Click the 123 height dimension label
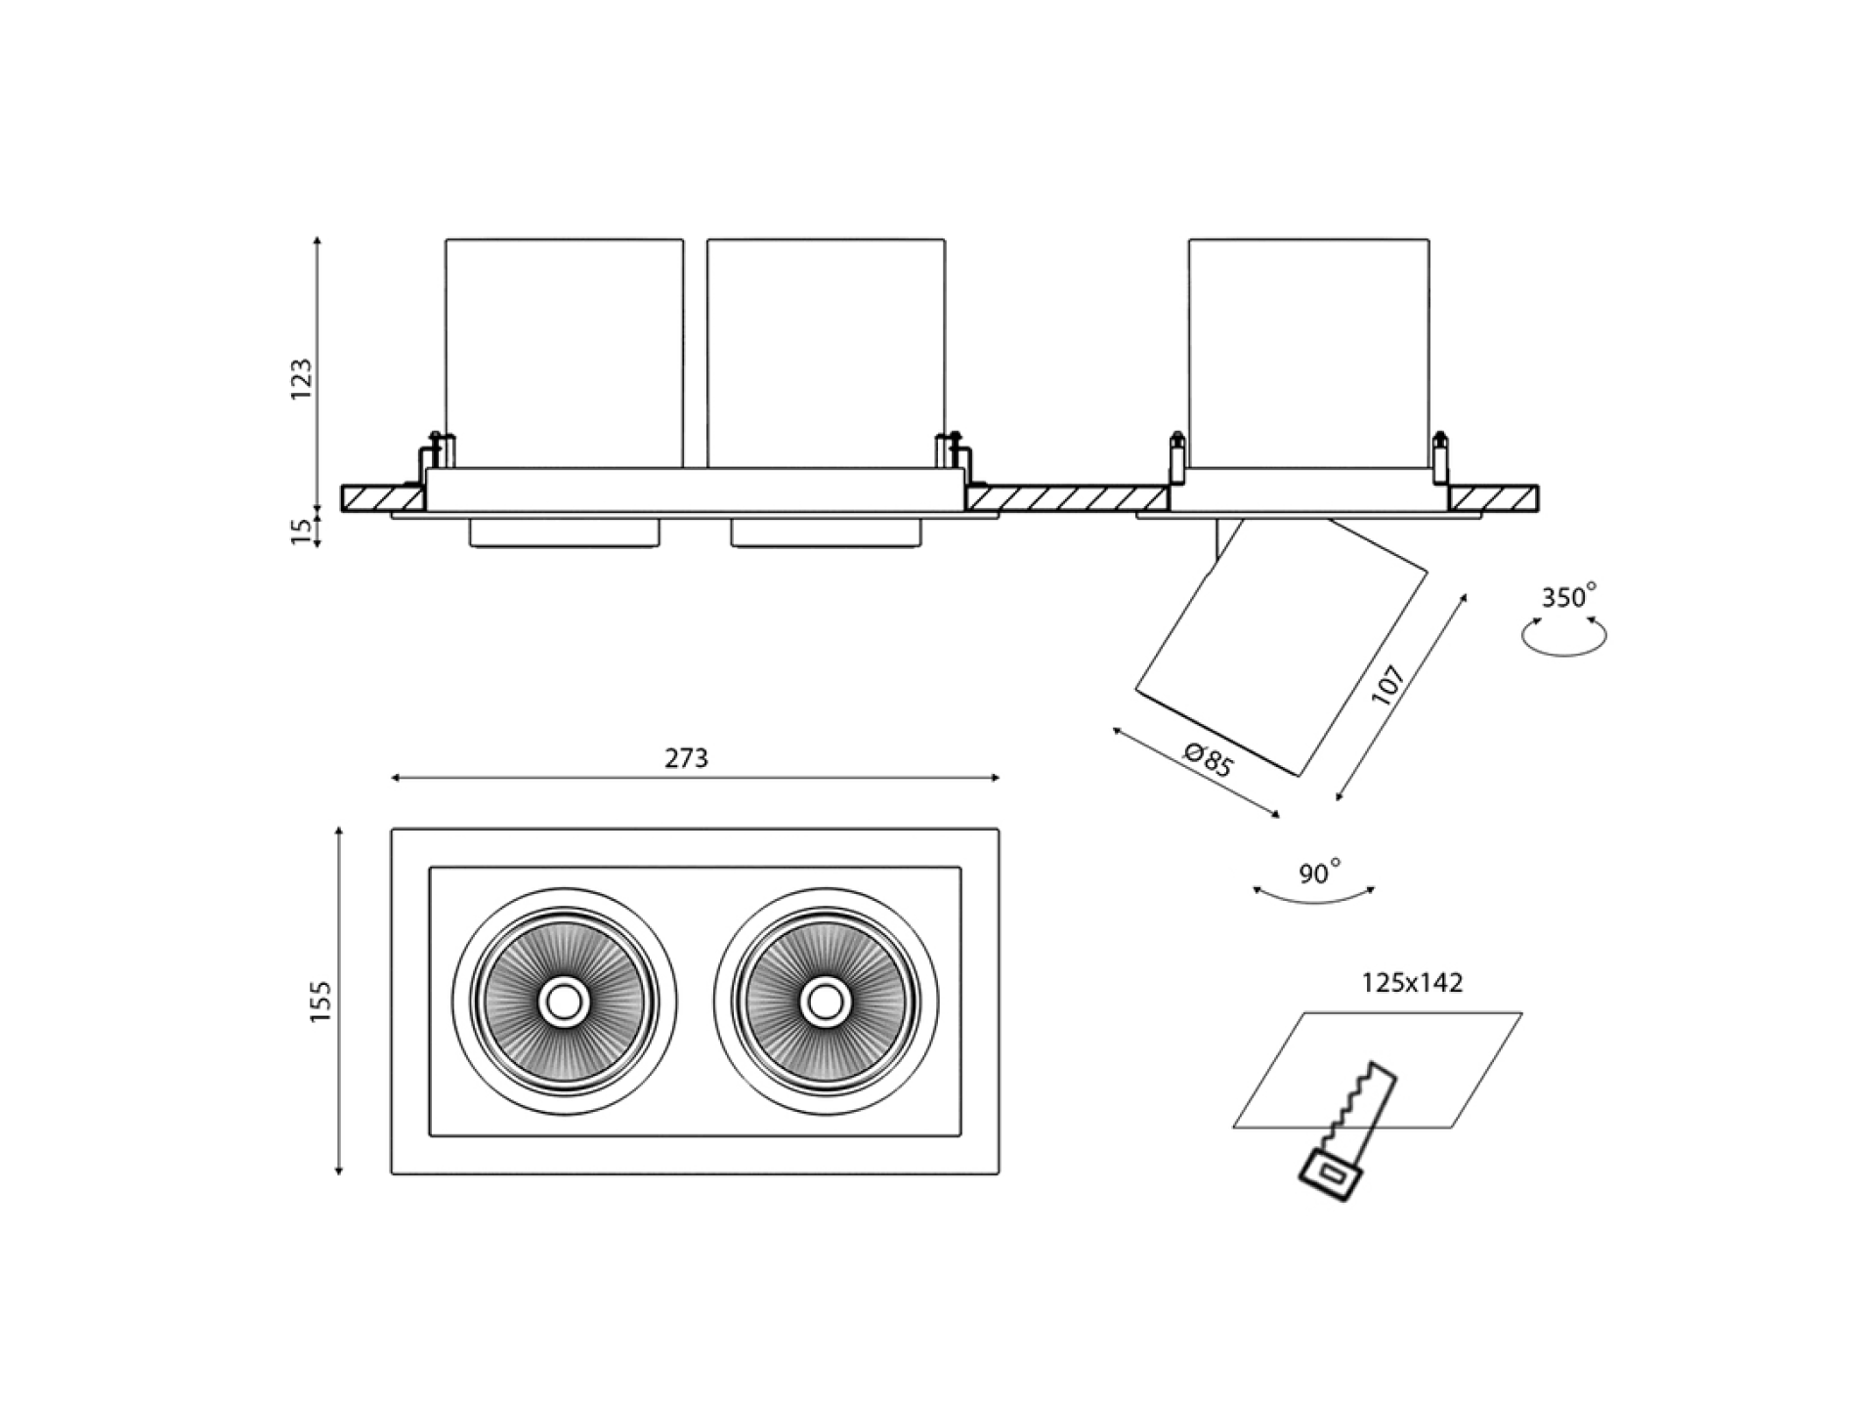(302, 378)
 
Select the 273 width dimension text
(686, 758)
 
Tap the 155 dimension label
(320, 1002)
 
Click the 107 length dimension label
(1388, 685)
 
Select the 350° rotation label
(1568, 596)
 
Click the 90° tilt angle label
(1319, 872)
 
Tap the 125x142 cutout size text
(1412, 983)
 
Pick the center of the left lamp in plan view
(563, 1002)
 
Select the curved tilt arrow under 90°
(1314, 895)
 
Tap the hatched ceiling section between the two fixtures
(1068, 498)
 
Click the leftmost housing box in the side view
(564, 352)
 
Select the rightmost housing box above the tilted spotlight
(1308, 352)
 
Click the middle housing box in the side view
(826, 352)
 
